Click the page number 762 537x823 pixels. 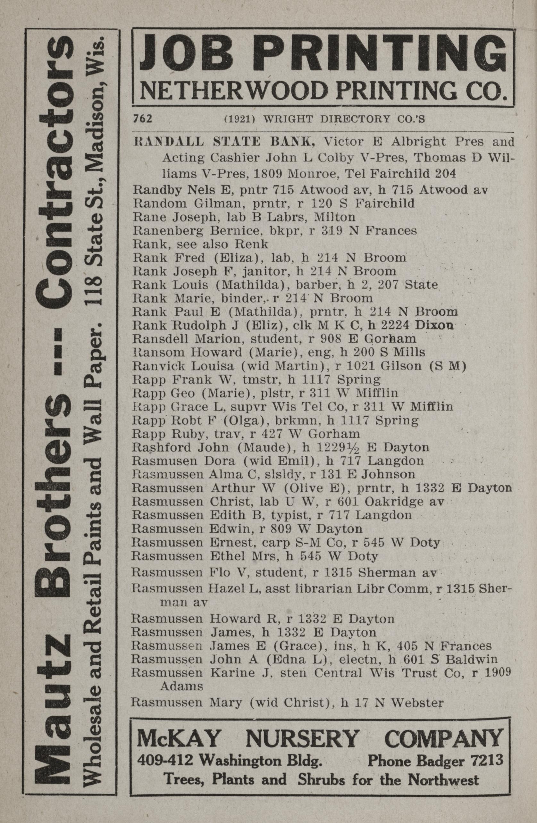coord(143,119)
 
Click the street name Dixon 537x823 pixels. coord(436,325)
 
